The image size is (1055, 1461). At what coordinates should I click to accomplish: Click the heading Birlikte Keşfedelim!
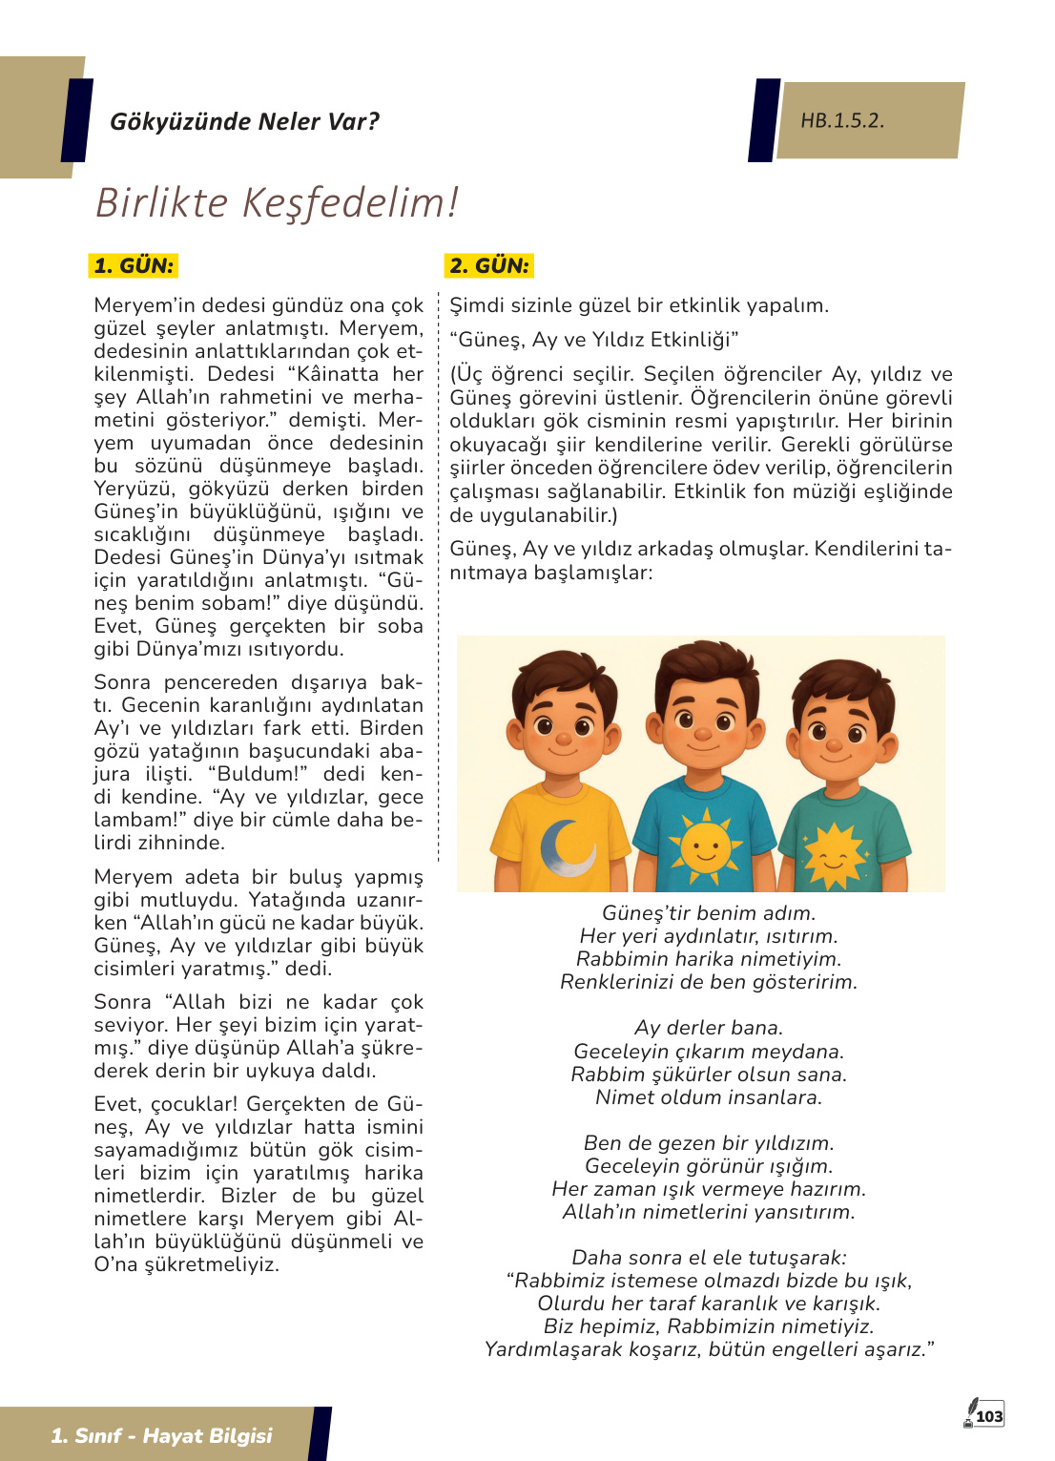pos(277,202)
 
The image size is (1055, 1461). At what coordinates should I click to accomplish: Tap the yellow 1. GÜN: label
pos(134,265)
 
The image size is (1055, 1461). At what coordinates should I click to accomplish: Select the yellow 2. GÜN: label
pos(489,265)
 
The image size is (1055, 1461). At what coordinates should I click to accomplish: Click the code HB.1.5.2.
pos(842,120)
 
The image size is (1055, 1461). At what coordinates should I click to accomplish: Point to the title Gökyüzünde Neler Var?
pos(244,121)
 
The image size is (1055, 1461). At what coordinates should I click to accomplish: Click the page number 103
pos(990,1416)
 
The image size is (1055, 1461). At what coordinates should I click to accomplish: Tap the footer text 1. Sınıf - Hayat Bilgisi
pos(161,1435)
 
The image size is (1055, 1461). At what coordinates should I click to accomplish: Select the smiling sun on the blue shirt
pos(705,844)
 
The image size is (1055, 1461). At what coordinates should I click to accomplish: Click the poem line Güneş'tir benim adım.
pos(709,913)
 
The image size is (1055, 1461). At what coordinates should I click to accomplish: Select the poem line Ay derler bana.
pos(709,1028)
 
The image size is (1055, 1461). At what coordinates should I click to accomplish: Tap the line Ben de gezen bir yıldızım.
pos(709,1143)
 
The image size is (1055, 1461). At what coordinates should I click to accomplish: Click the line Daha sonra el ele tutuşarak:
pos(709,1258)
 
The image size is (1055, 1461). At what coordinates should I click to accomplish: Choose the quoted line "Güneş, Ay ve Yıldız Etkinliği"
pos(594,340)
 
